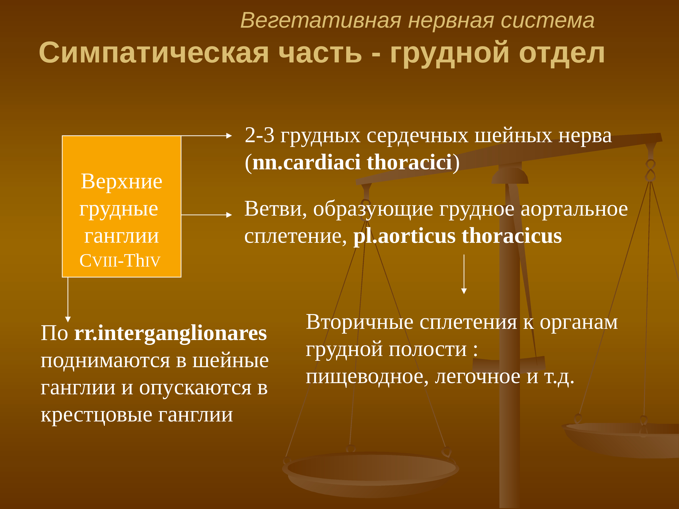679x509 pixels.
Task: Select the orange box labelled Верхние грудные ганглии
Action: [122, 206]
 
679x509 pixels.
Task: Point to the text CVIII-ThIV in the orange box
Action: [120, 261]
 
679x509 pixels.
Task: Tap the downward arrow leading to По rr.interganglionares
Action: [68, 299]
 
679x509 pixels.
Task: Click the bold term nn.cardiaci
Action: [306, 162]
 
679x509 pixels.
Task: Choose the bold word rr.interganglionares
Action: [171, 334]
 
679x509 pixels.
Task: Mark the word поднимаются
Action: [105, 361]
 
